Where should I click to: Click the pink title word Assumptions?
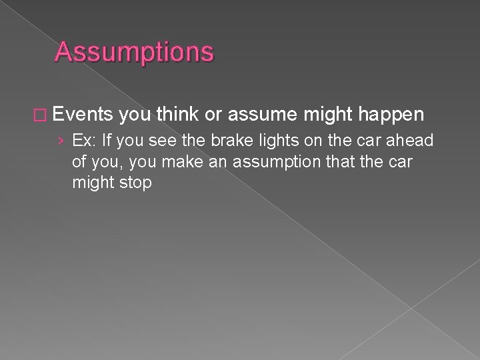click(x=135, y=52)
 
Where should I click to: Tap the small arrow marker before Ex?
click(x=62, y=142)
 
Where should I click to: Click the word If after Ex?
click(x=105, y=142)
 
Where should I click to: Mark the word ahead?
click(x=413, y=142)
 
